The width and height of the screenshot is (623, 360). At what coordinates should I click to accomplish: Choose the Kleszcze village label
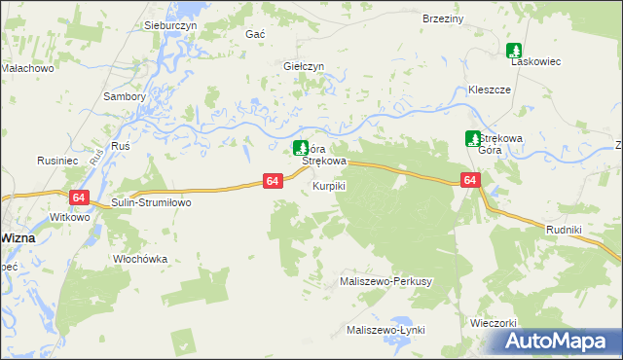[x=490, y=89]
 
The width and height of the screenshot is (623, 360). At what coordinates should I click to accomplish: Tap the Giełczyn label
[x=303, y=66]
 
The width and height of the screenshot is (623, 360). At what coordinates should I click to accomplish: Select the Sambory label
[x=124, y=96]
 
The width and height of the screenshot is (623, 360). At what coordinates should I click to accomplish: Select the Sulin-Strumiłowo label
[x=151, y=202]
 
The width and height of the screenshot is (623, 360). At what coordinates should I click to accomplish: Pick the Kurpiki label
[x=328, y=185]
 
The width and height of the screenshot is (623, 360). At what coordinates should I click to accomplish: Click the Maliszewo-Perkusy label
[x=385, y=280]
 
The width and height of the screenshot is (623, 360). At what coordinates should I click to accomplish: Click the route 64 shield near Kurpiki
[x=273, y=181]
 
